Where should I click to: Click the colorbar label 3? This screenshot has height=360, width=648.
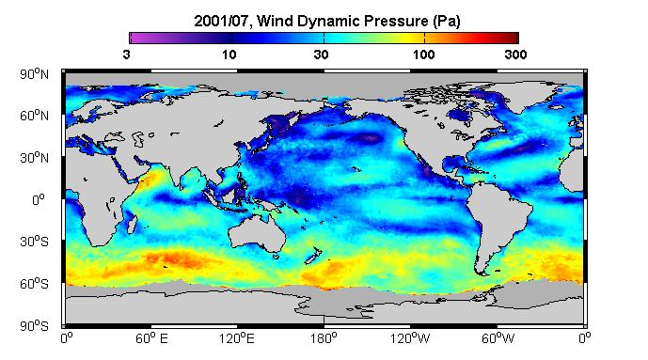126,55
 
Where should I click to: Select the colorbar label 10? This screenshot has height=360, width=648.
229,55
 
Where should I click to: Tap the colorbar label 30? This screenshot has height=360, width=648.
321,55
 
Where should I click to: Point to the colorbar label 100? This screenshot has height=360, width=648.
423,55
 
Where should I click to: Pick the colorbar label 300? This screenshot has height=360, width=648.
515,55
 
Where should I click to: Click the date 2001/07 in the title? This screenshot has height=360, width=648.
222,21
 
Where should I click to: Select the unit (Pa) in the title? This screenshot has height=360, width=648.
447,21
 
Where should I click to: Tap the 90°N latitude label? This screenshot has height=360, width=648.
34,74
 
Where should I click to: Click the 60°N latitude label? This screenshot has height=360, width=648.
34,116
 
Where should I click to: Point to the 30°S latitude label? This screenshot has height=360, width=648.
34,242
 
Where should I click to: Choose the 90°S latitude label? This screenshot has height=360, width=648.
34,326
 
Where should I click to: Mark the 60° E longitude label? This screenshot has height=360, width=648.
151,338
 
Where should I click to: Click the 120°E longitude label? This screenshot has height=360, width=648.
237,338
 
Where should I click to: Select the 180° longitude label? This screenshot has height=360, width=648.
324,338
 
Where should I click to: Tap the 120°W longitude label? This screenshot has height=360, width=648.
410,338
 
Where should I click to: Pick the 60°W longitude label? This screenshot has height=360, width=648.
498,338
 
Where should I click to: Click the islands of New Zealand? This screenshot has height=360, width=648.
314,256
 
